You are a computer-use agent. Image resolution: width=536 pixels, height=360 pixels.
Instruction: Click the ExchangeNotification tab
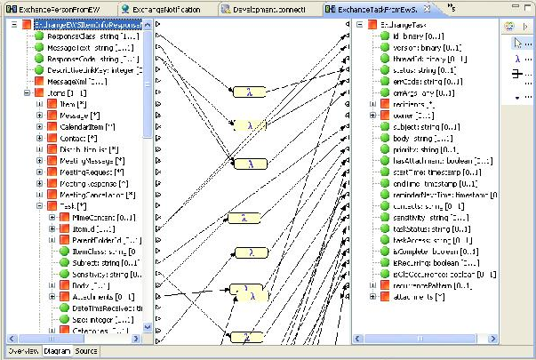(x=169, y=8)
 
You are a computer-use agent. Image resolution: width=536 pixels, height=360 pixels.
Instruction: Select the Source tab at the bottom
(x=86, y=351)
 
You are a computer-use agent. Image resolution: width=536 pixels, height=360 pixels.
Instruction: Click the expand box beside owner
(x=372, y=116)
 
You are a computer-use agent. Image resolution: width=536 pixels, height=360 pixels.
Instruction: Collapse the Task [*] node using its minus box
(x=39, y=205)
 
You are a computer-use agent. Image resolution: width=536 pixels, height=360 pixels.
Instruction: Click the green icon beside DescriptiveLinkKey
(x=39, y=70)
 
